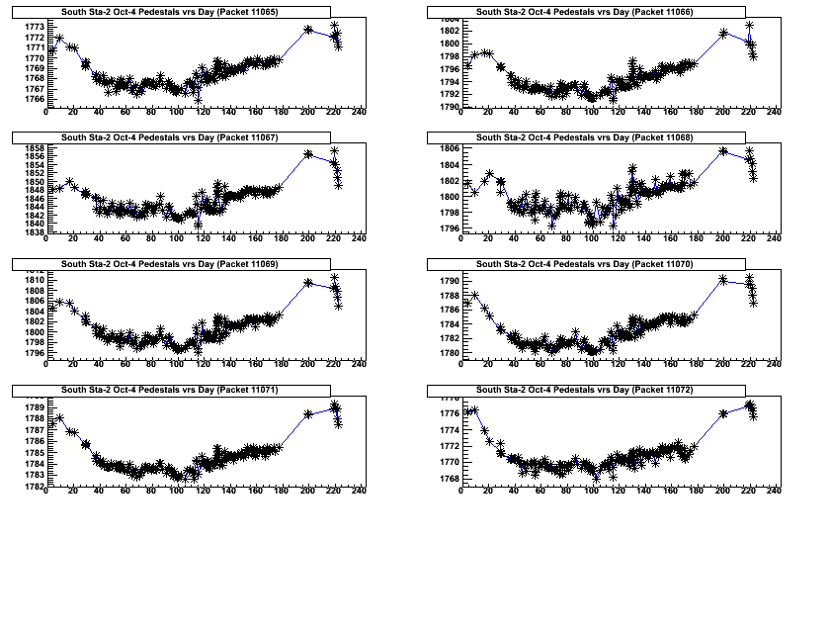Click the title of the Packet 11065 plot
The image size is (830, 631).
169,12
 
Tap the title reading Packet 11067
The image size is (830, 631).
169,137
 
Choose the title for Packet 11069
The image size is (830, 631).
169,264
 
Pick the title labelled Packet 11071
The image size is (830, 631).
169,390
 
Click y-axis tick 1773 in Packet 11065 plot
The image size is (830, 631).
33,27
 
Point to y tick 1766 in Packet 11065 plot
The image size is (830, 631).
33,99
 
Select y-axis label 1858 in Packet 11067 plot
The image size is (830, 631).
33,148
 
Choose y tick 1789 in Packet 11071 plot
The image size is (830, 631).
33,407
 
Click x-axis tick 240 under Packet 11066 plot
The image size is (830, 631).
774,112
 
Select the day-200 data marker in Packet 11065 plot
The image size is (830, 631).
308,30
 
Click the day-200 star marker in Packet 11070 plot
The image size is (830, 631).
723,280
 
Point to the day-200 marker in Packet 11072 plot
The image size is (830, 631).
723,413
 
